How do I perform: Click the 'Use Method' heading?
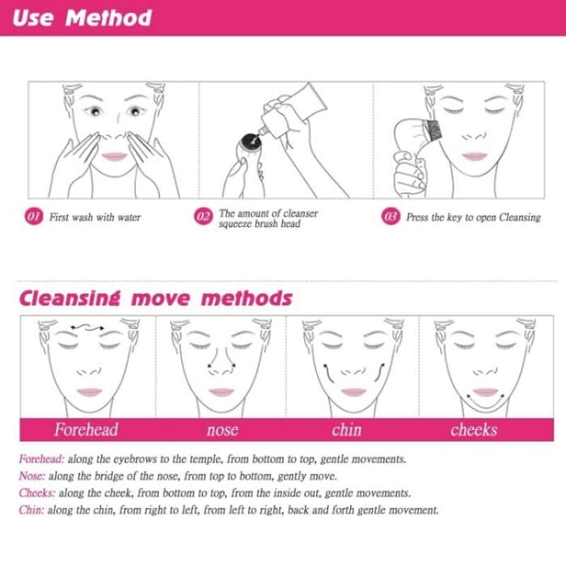click(x=82, y=18)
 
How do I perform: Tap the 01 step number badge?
click(x=34, y=218)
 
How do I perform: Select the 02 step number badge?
click(x=203, y=218)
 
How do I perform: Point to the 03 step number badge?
click(x=392, y=218)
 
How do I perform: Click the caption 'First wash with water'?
click(x=95, y=218)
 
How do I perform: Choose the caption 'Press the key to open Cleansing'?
click(x=473, y=218)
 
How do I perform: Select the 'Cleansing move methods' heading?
click(x=155, y=298)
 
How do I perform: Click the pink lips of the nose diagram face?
click(x=220, y=392)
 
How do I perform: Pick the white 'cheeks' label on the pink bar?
click(x=474, y=430)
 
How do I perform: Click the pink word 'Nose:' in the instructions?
click(x=32, y=476)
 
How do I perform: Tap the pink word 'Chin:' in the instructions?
click(x=32, y=510)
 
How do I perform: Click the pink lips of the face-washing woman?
click(x=116, y=156)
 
